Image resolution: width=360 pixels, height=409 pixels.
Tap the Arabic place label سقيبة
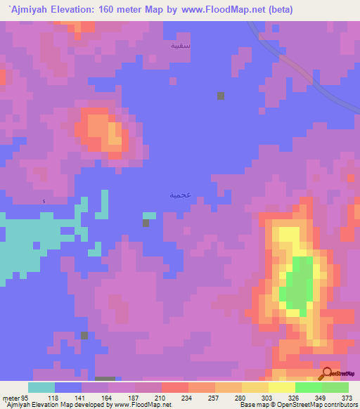point(181,45)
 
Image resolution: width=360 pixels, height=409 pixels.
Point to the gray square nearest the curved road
point(221,96)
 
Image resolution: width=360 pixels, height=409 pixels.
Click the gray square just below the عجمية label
point(146,223)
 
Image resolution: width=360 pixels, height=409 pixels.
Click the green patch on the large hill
point(298,284)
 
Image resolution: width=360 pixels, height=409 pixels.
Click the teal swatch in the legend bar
point(41,387)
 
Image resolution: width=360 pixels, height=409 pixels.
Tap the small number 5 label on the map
point(44,202)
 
